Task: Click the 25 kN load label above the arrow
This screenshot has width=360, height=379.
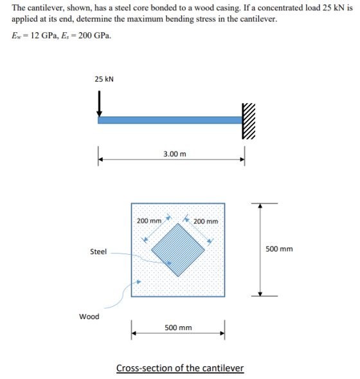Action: click(104, 79)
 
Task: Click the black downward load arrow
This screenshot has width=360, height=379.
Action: click(99, 104)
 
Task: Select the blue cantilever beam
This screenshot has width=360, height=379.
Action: click(170, 120)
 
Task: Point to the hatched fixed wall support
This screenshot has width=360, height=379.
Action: click(248, 121)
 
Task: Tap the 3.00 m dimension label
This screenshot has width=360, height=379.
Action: click(175, 154)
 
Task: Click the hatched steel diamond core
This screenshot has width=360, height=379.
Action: click(178, 250)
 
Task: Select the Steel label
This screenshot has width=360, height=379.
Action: click(98, 252)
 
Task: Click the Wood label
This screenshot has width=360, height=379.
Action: click(89, 317)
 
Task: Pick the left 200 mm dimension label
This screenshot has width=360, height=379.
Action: click(149, 221)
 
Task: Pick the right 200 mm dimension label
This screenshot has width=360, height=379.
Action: click(206, 221)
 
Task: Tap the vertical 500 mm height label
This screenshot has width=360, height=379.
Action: click(279, 249)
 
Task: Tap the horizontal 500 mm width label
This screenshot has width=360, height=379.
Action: click(178, 328)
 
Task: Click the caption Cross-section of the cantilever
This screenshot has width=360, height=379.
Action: click(180, 368)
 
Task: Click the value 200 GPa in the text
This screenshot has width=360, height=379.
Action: click(94, 35)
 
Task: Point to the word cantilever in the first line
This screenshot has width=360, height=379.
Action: click(45, 8)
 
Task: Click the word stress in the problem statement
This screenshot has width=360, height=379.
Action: click(204, 19)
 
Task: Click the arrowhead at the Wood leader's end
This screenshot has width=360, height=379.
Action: click(139, 282)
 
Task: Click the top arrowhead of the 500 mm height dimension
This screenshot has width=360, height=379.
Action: click(260, 205)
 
